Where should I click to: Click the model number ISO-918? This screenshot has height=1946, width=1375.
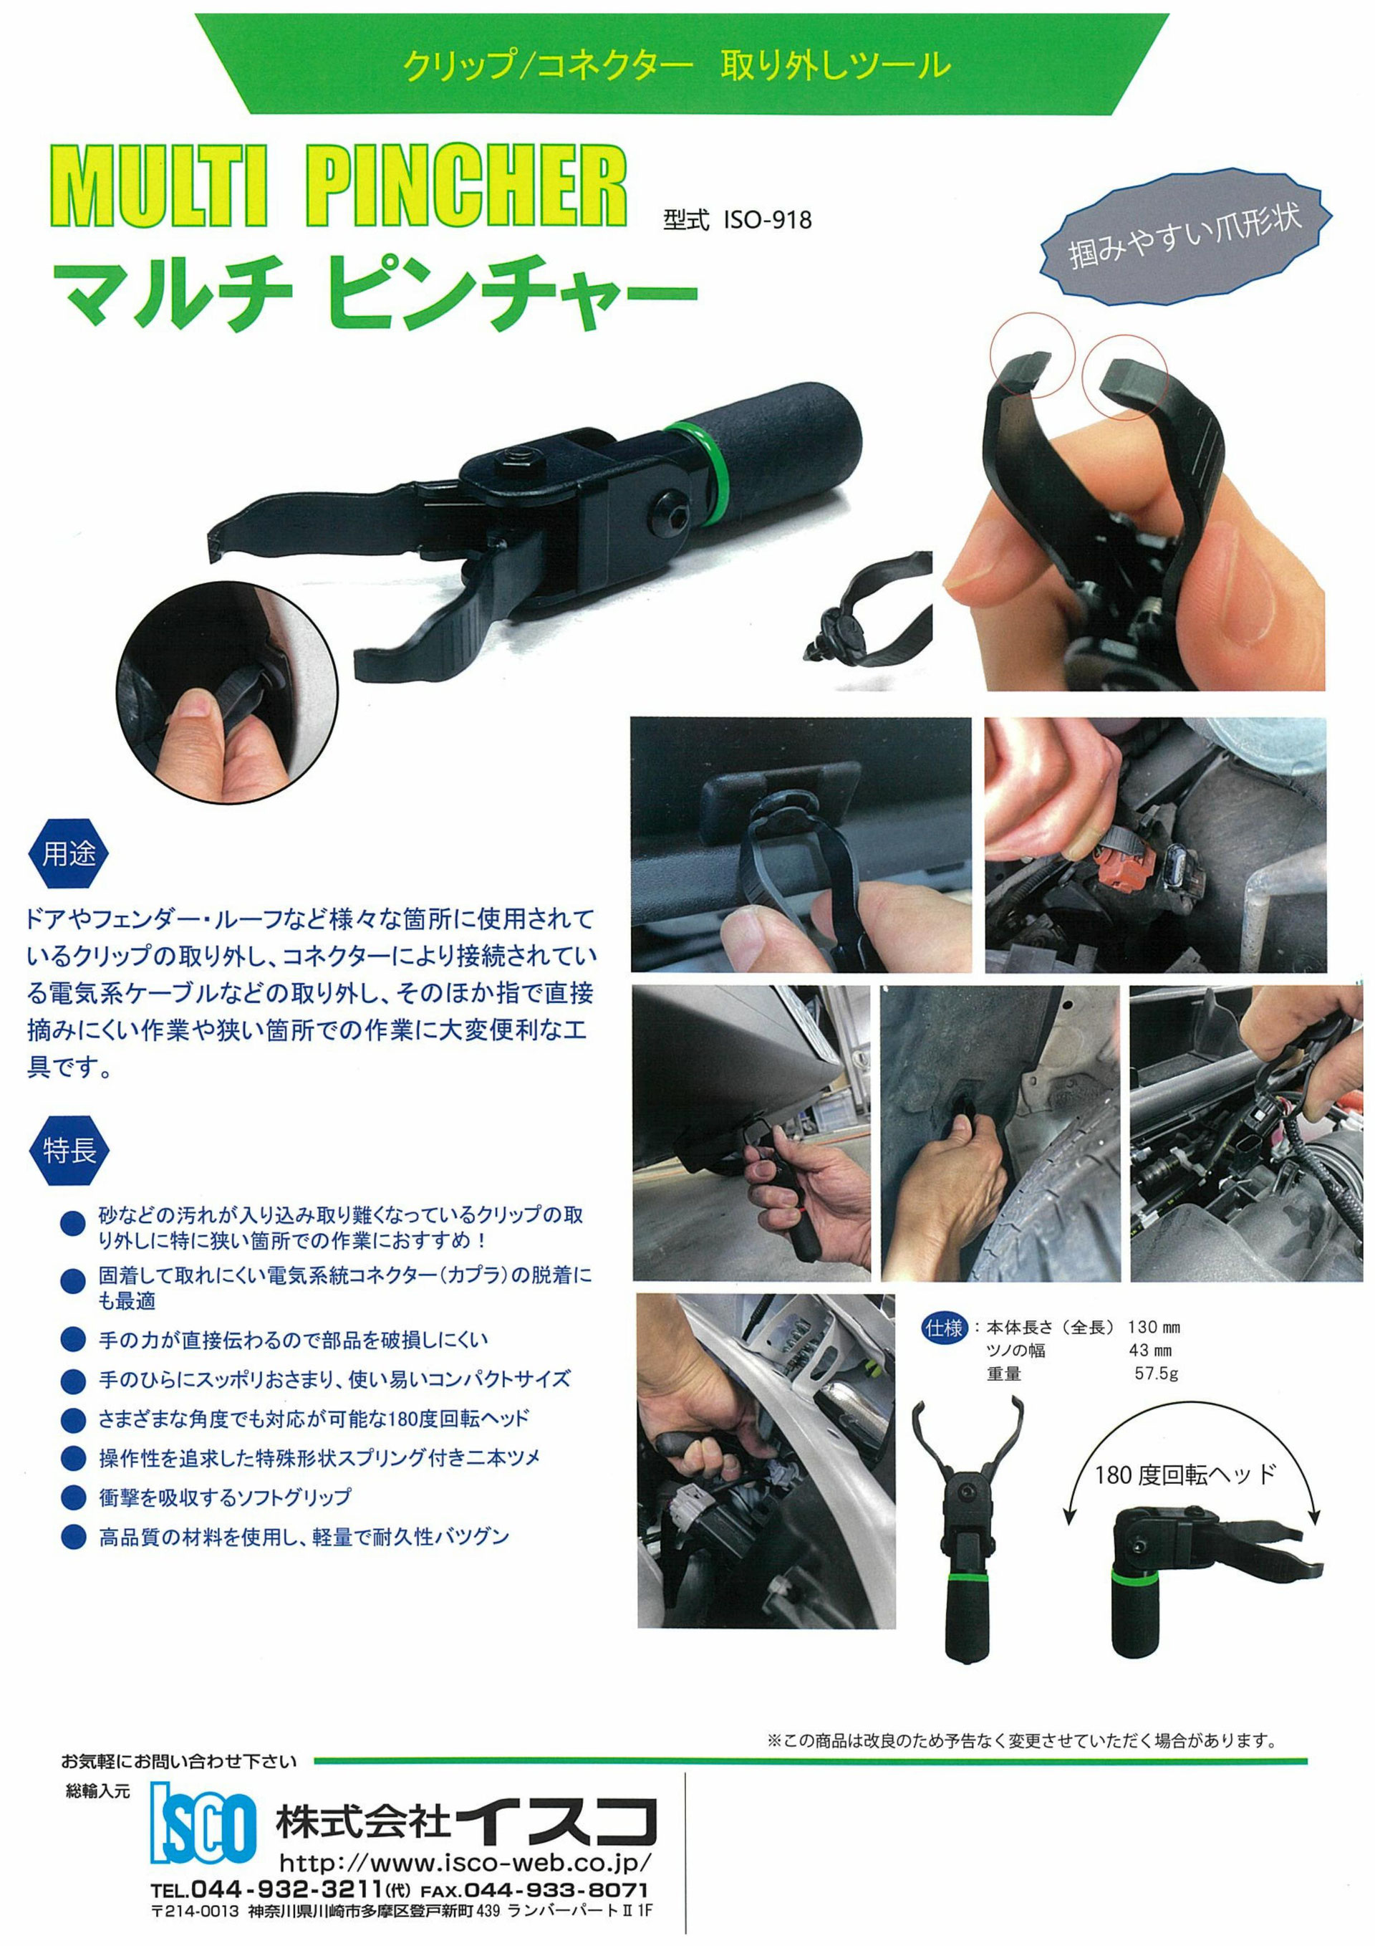coord(767,221)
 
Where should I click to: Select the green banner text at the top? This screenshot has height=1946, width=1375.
coord(676,64)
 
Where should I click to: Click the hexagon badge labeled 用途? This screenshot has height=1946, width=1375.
coord(69,853)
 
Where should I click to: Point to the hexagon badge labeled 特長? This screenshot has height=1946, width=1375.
coord(69,1151)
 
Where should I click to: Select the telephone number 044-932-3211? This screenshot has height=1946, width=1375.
coord(287,1891)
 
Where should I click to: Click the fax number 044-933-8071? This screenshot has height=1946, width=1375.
coord(554,1891)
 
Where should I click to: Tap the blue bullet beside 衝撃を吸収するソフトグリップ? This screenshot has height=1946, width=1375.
coord(74,1497)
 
